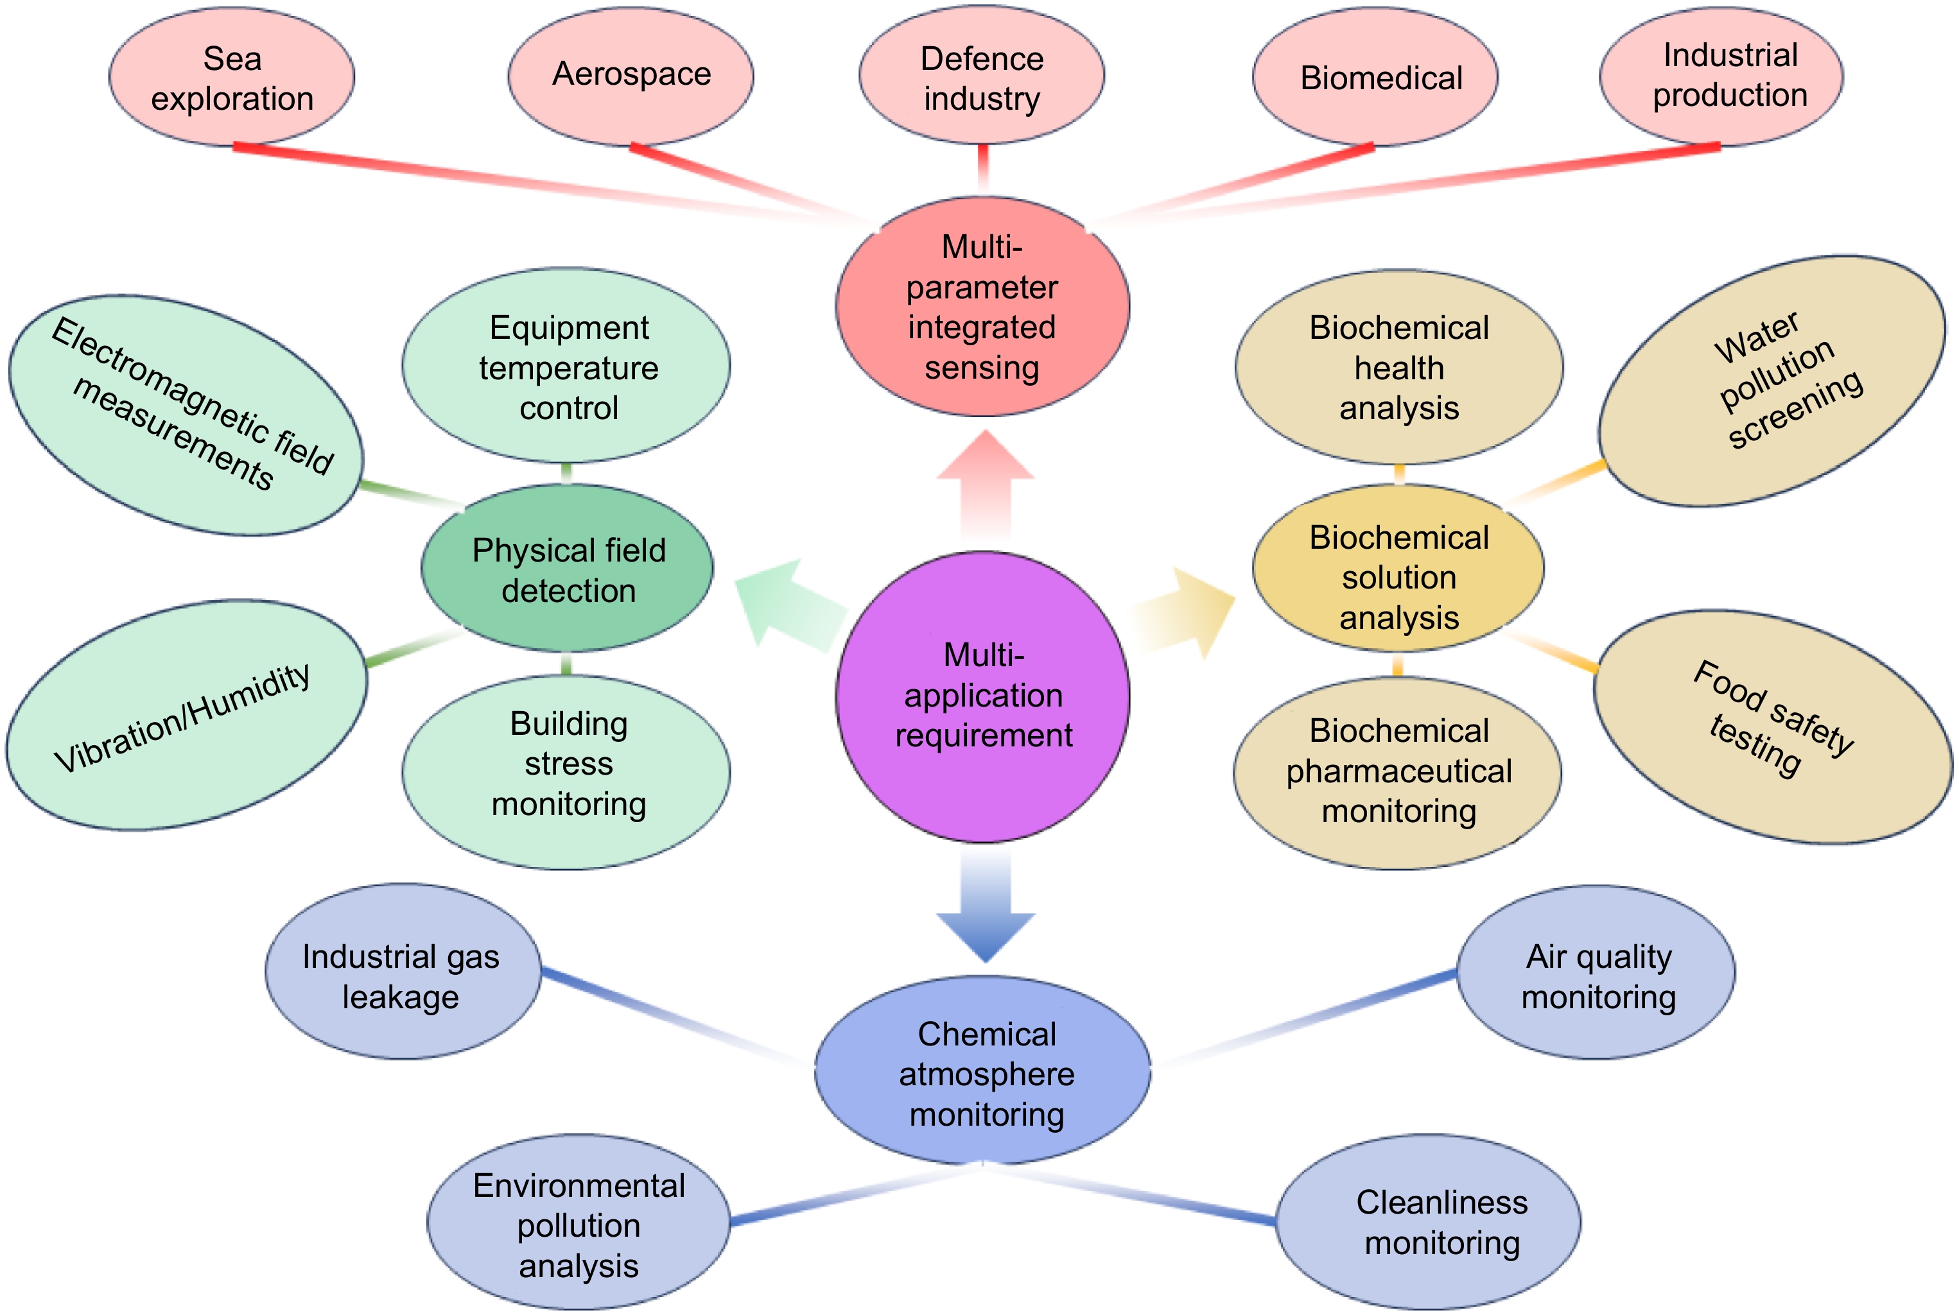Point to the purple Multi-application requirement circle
coord(983,696)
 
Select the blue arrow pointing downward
coord(986,914)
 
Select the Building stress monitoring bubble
coord(568,763)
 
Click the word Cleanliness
coord(1441,1203)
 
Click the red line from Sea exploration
coord(503,178)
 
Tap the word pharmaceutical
coord(1398,771)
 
